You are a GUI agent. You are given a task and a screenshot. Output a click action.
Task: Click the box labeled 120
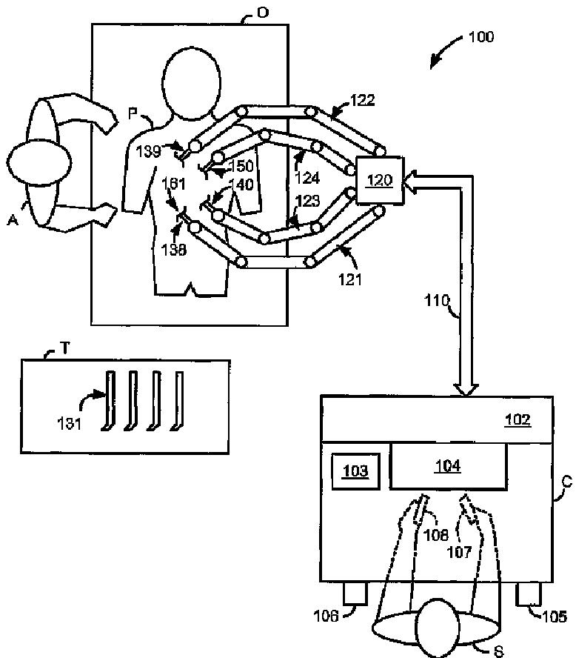click(381, 181)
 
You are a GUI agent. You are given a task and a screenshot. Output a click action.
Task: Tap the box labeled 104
click(448, 466)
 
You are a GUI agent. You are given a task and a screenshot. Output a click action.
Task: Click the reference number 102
click(518, 419)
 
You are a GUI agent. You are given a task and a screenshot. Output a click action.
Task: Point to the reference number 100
click(481, 36)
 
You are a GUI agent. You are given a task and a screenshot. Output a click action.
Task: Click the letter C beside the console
click(566, 481)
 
